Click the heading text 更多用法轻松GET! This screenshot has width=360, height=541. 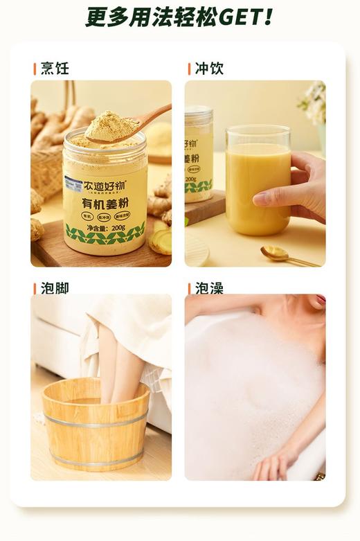pos(179,16)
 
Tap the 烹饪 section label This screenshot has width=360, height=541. pos(55,69)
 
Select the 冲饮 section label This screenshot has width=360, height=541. pos(208,69)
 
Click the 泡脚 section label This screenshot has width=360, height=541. pos(55,287)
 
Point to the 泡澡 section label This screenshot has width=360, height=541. pos(208,287)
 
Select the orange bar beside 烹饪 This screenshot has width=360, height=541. pos(35,69)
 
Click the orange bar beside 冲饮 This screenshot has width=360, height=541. pos(189,69)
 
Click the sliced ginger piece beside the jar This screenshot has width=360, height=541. pos(161,241)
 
